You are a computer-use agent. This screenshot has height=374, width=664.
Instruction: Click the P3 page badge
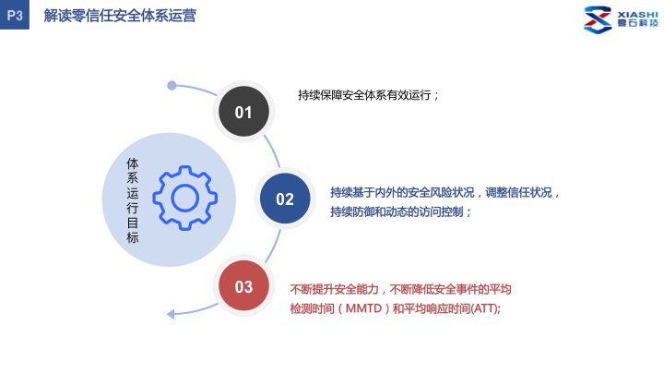[15, 15]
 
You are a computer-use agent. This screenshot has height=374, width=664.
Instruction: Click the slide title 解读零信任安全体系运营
[120, 16]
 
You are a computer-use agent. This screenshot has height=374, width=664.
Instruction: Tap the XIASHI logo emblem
[598, 19]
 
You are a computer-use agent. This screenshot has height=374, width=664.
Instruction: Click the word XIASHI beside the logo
[637, 15]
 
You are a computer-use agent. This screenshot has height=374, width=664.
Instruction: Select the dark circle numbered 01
[243, 112]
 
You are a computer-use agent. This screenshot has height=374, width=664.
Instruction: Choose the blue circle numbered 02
[285, 199]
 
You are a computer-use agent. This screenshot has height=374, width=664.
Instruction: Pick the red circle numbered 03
[243, 285]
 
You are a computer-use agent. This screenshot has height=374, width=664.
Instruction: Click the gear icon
[185, 198]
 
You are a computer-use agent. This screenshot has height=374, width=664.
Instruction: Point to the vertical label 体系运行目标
[133, 200]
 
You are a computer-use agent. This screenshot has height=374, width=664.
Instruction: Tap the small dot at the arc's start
[172, 86]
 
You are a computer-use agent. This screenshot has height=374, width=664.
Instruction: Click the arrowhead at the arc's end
[171, 314]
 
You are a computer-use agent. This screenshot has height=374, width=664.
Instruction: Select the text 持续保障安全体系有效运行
[364, 95]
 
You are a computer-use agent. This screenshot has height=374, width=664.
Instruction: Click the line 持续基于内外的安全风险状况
[402, 192]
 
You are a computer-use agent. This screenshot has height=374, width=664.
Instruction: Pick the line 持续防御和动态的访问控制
[397, 211]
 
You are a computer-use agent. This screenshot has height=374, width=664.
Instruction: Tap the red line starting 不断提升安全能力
[400, 289]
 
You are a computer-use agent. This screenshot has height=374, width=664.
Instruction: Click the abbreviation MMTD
[363, 308]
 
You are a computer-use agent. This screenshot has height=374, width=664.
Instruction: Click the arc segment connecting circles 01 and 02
[273, 151]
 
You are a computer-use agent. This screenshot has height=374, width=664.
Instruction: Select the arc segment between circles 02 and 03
[274, 247]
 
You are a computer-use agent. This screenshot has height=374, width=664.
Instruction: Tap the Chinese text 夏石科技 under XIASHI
[638, 23]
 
